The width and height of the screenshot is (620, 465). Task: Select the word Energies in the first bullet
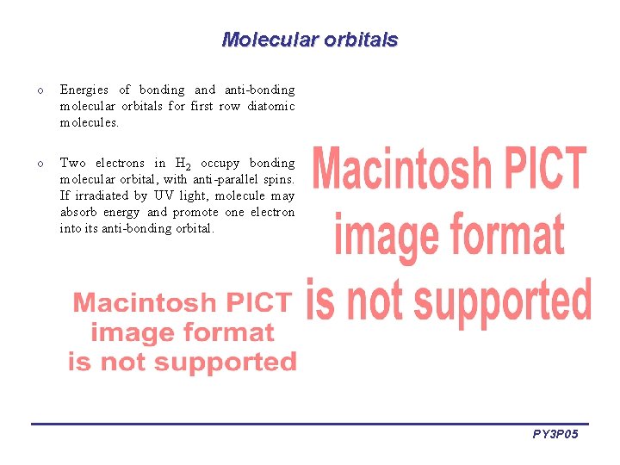(x=84, y=90)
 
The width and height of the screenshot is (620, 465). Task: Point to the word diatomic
(x=271, y=106)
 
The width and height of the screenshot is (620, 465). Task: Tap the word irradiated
(x=99, y=195)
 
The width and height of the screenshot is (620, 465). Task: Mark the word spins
(x=279, y=179)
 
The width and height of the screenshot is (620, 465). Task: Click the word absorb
(x=77, y=212)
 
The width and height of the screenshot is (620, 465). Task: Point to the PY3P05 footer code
(x=555, y=435)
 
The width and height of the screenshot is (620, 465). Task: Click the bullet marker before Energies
(x=40, y=90)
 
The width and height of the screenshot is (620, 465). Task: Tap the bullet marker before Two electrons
(x=40, y=164)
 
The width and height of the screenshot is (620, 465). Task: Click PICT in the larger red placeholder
(x=536, y=170)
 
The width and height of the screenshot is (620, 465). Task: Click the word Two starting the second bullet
(x=72, y=163)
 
